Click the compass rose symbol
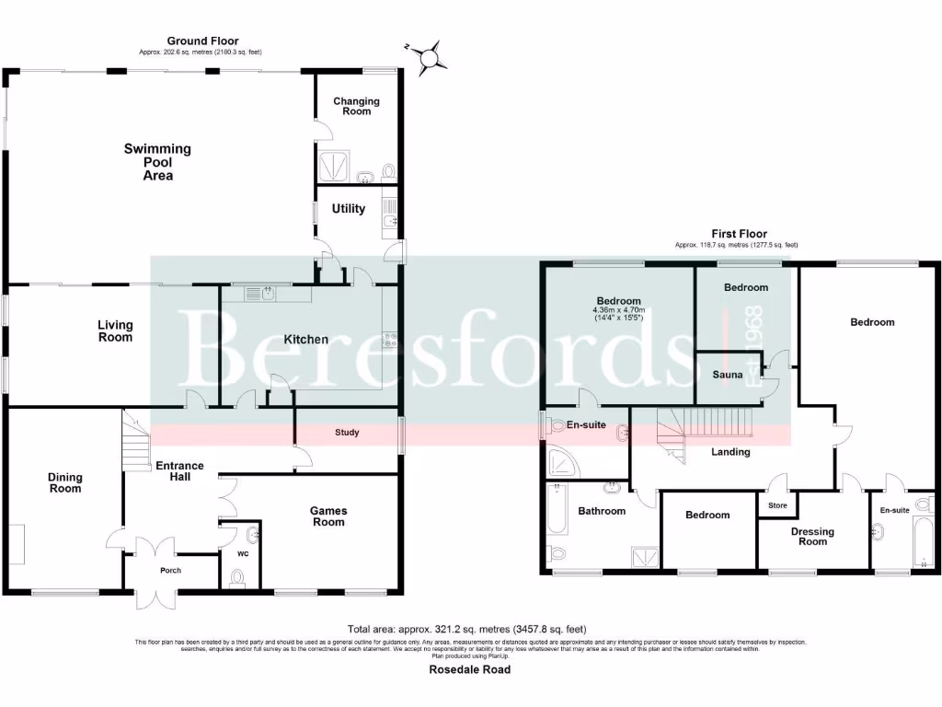click(428, 57)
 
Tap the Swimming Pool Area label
click(158, 162)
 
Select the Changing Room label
click(356, 106)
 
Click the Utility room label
click(349, 209)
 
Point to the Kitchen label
click(305, 340)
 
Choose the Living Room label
click(116, 330)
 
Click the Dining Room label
click(65, 482)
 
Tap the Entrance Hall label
click(178, 470)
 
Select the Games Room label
click(328, 516)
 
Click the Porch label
click(171, 571)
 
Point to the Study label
click(347, 432)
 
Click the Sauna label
click(727, 375)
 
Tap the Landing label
click(731, 452)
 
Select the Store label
click(777, 504)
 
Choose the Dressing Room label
click(812, 537)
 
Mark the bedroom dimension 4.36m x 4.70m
click(618, 310)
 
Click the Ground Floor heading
click(202, 41)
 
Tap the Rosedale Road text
click(469, 669)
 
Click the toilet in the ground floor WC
click(238, 577)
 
